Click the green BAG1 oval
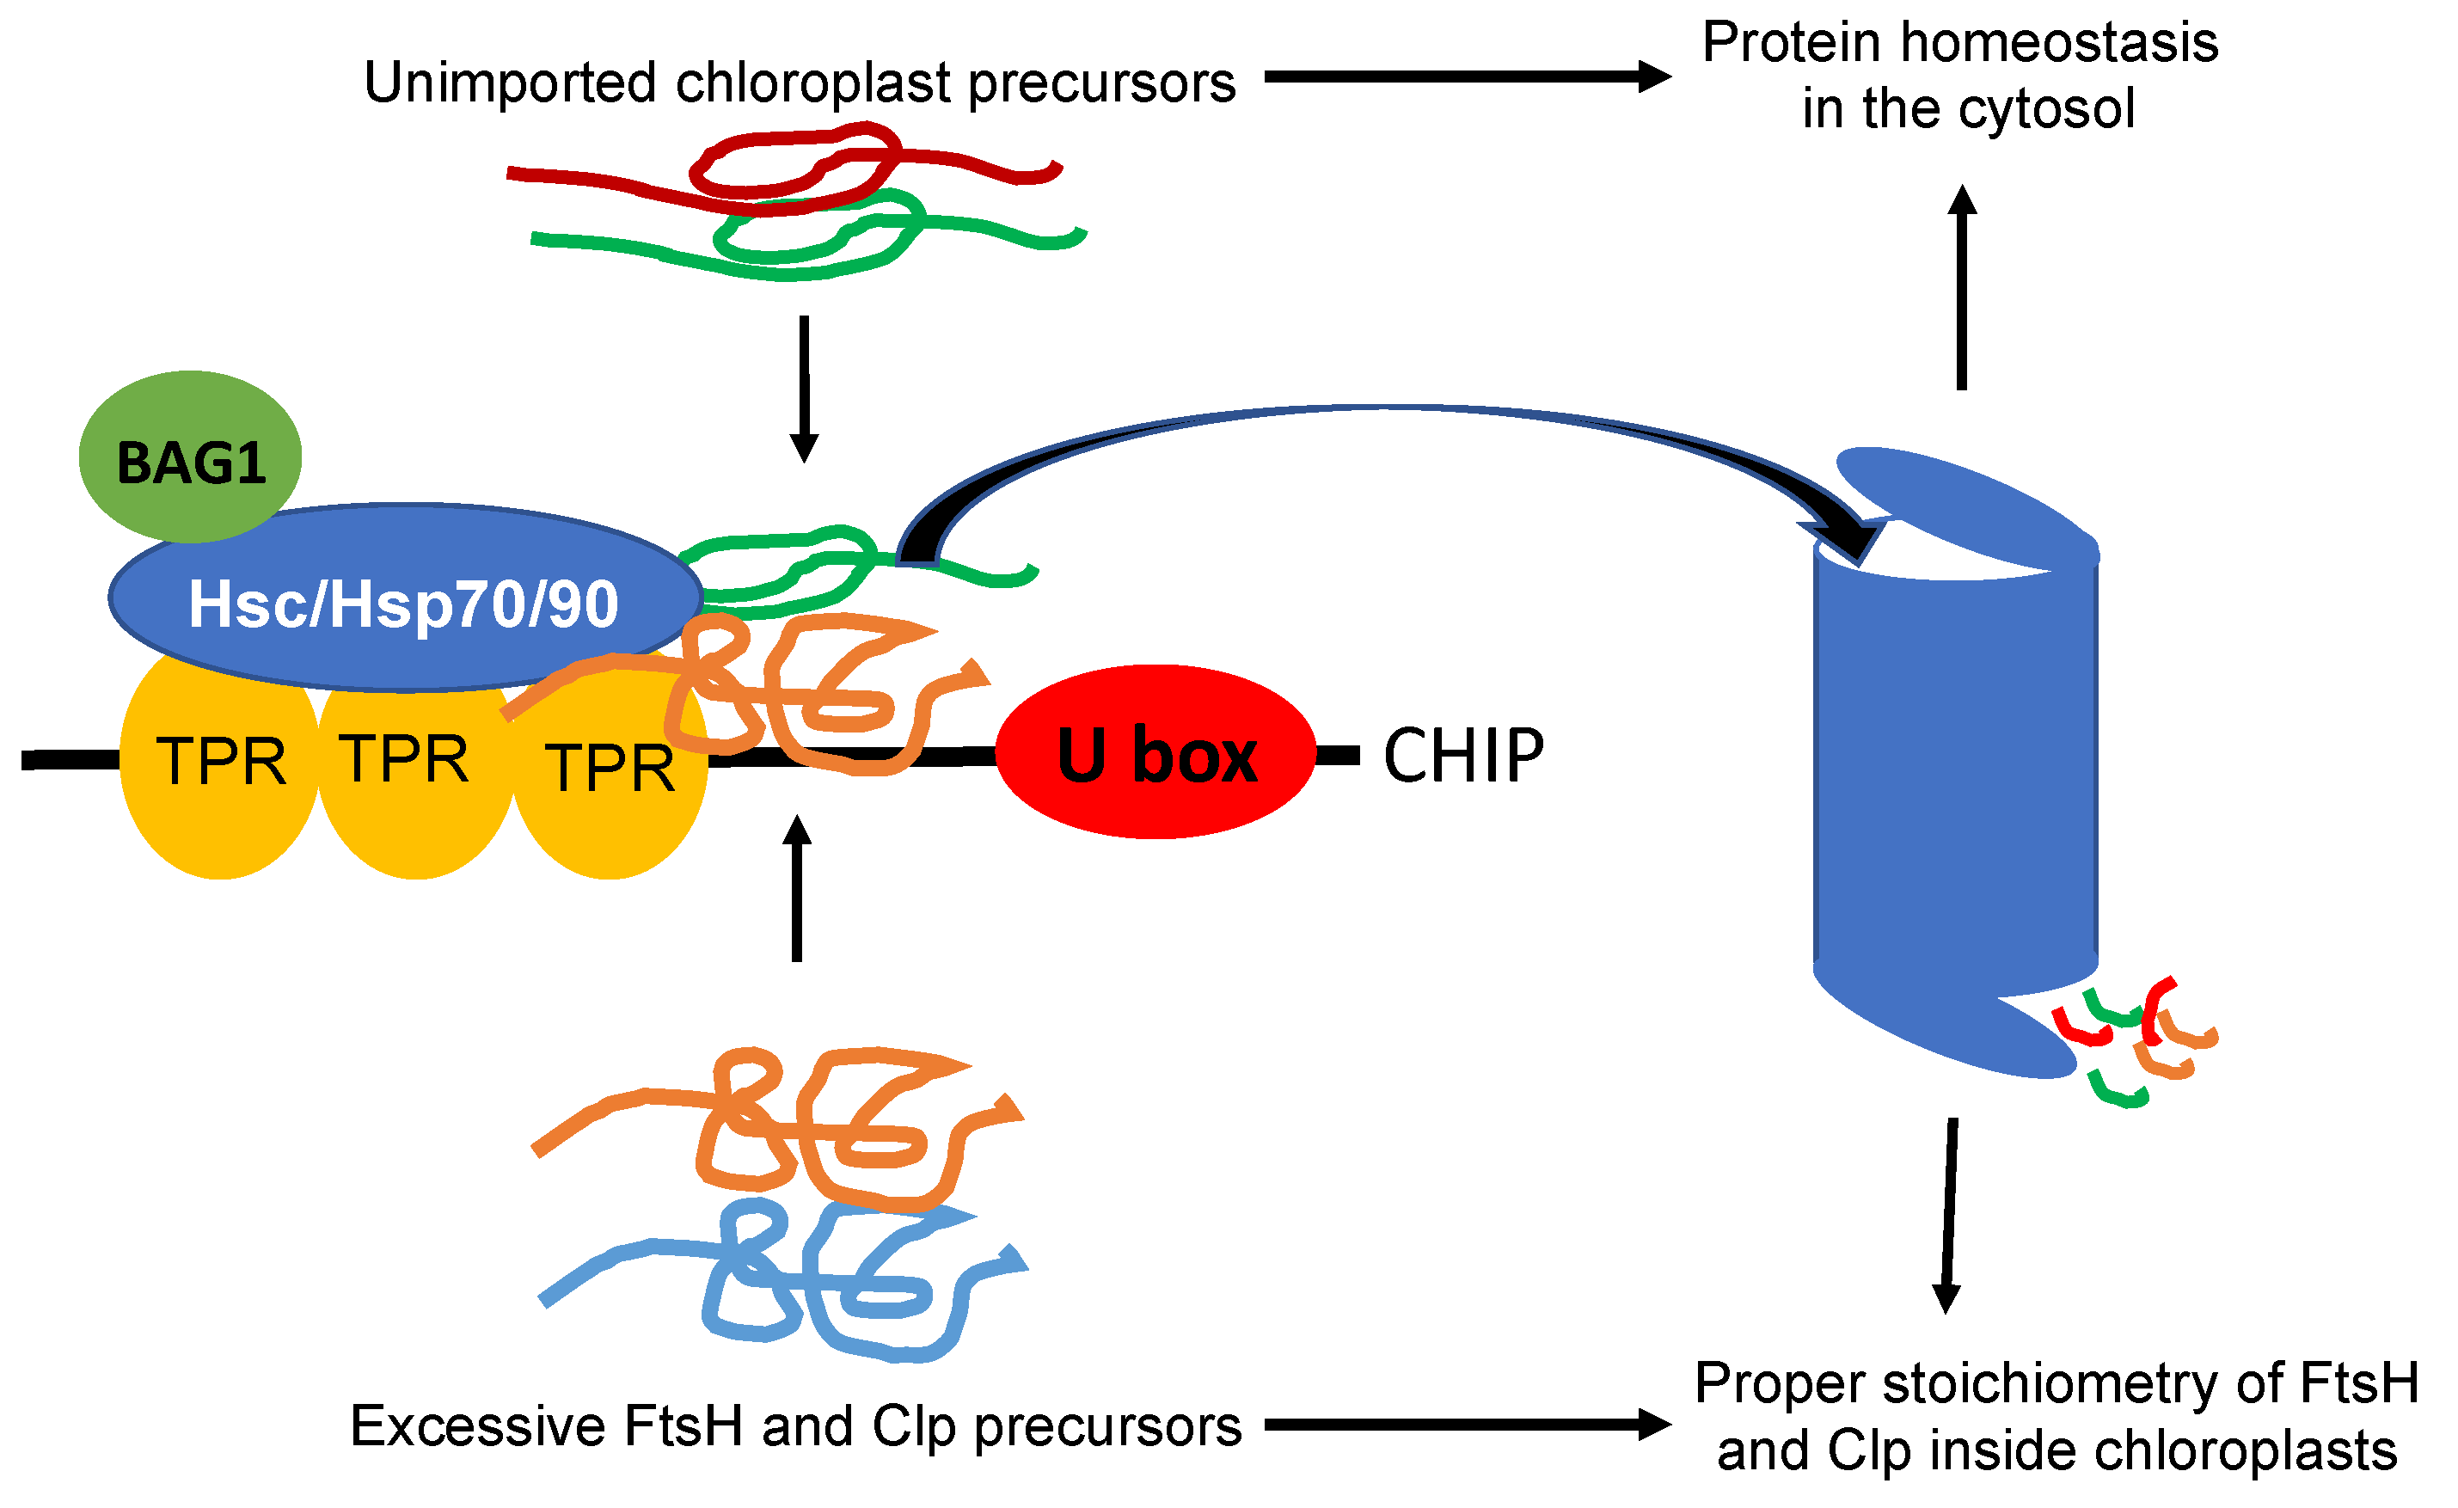pyautogui.click(x=189, y=457)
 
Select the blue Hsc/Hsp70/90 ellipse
pyautogui.click(x=405, y=598)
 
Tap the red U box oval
pyautogui.click(x=1155, y=752)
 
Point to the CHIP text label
pyautogui.click(x=1463, y=755)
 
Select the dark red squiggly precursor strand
pyautogui.click(x=784, y=168)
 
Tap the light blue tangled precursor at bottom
pyautogui.click(x=784, y=1281)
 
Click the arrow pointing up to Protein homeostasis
pyautogui.click(x=1962, y=287)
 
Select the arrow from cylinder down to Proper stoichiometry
pyautogui.click(x=1949, y=1216)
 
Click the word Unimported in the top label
pyautogui.click(x=510, y=82)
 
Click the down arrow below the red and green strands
pyautogui.click(x=804, y=389)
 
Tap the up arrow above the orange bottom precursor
pyautogui.click(x=797, y=887)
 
